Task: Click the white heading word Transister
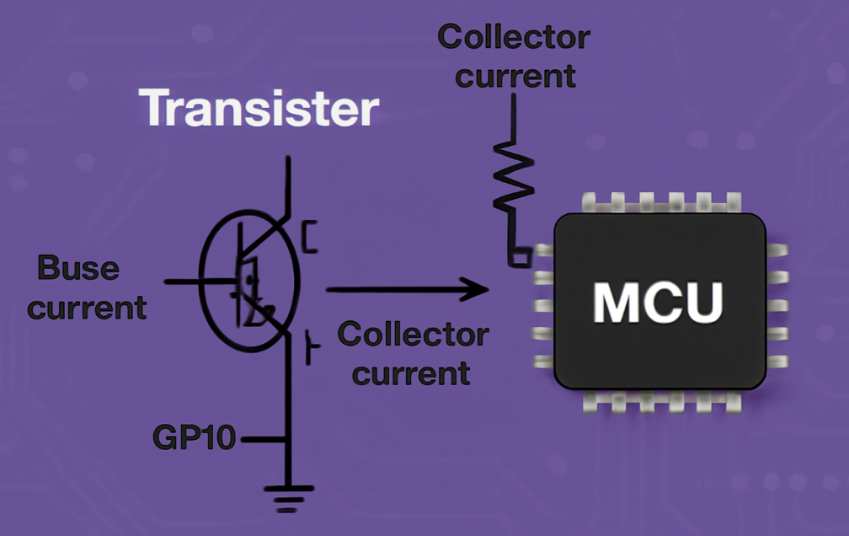click(x=259, y=109)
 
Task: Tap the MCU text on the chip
click(x=658, y=302)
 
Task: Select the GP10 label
click(x=194, y=438)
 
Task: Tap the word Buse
click(x=78, y=270)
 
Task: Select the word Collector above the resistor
click(x=513, y=38)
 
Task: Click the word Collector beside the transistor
click(x=413, y=335)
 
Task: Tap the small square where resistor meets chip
click(x=521, y=257)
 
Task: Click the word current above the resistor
click(x=515, y=76)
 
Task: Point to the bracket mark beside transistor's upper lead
click(x=310, y=237)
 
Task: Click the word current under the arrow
click(x=410, y=372)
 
